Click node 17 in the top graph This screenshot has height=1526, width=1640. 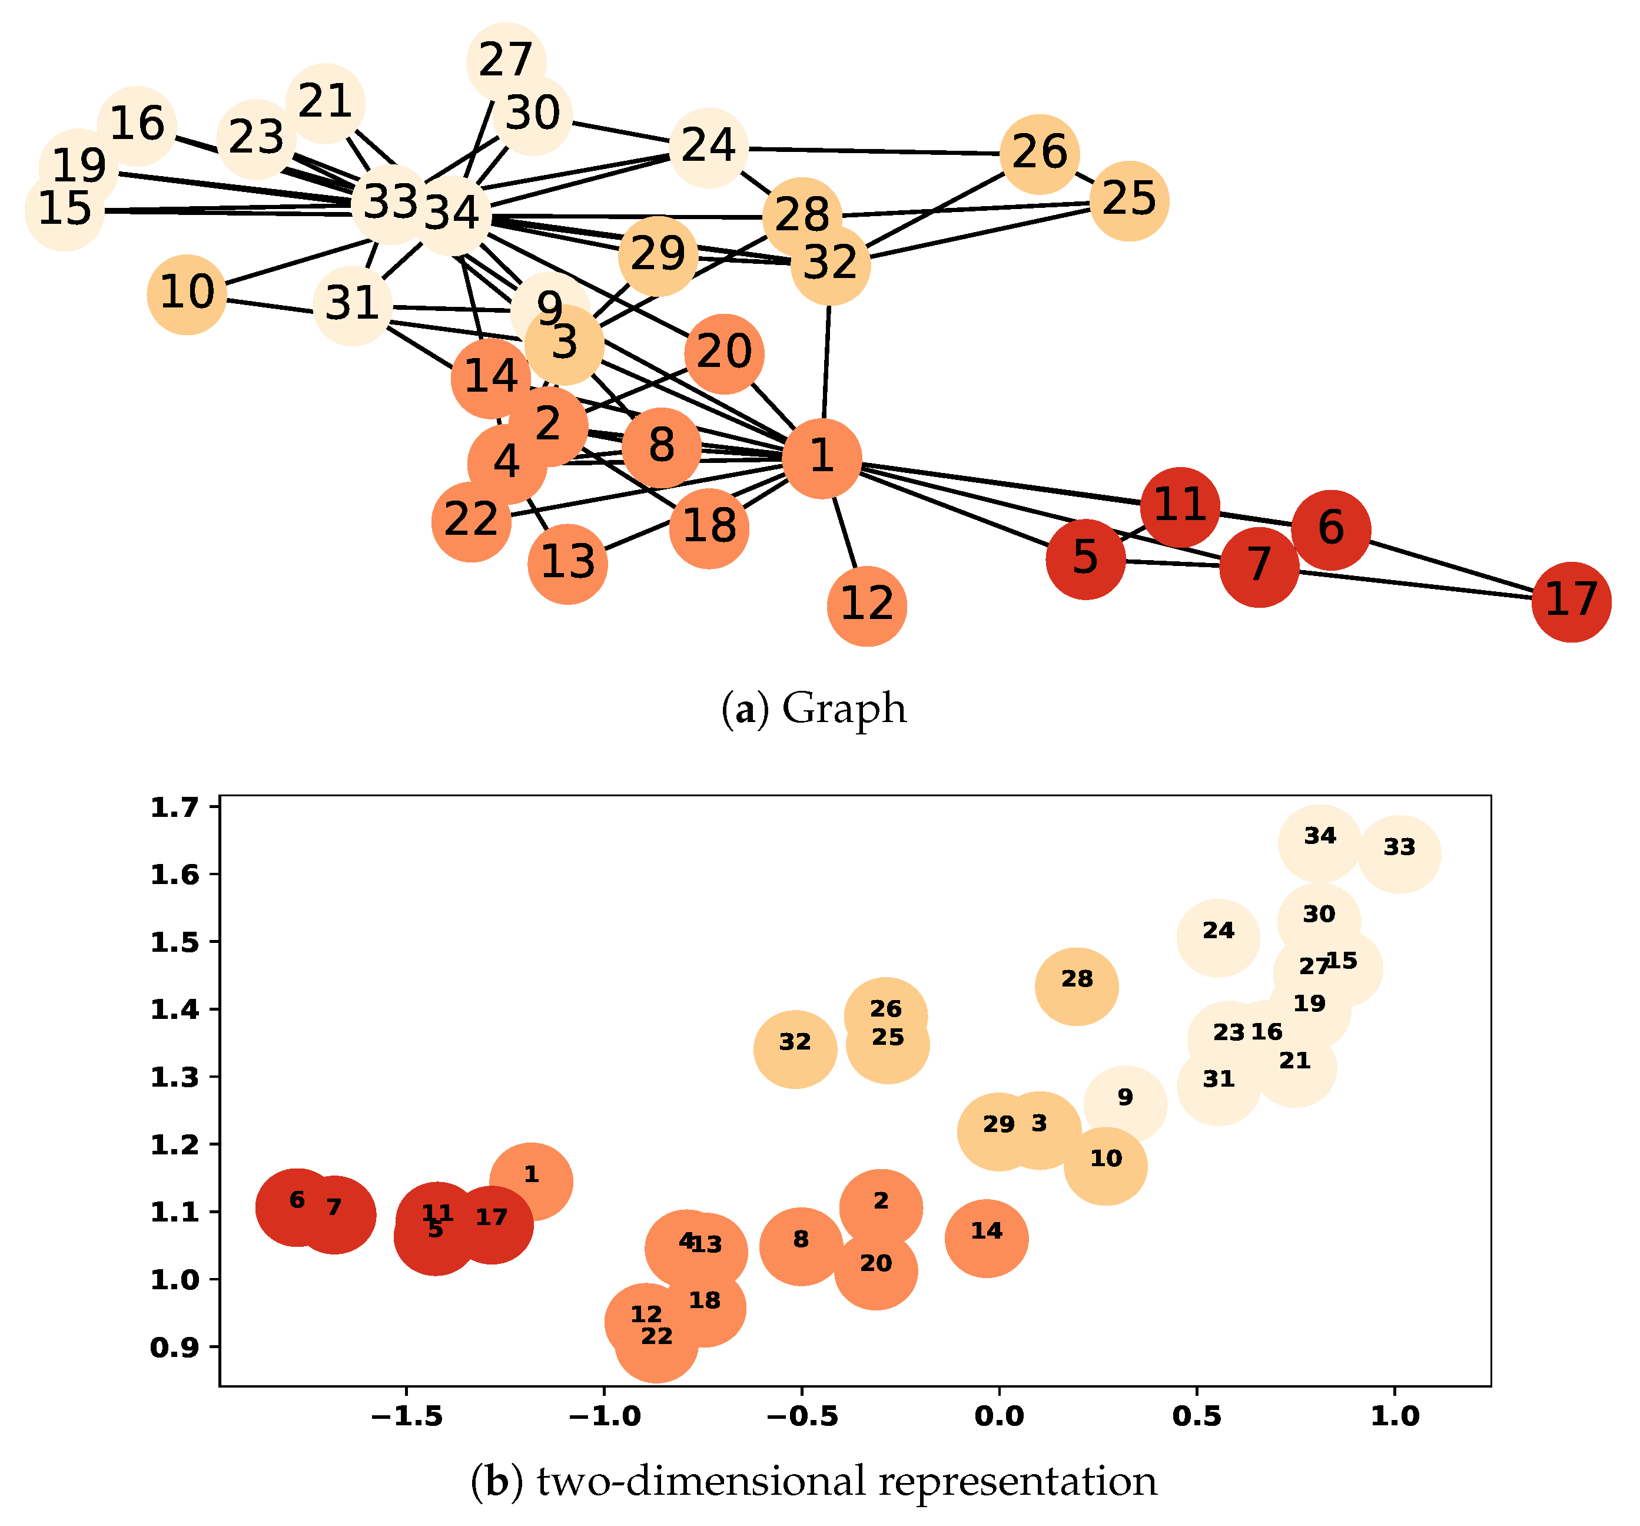[x=1571, y=602]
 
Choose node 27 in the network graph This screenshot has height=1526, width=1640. [x=506, y=62]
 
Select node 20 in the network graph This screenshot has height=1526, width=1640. [x=723, y=354]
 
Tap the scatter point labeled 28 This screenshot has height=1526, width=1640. [x=1077, y=987]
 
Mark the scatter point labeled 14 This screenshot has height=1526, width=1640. [x=987, y=1238]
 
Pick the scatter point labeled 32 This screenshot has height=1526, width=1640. [x=795, y=1049]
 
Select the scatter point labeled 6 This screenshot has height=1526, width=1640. [x=297, y=1207]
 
